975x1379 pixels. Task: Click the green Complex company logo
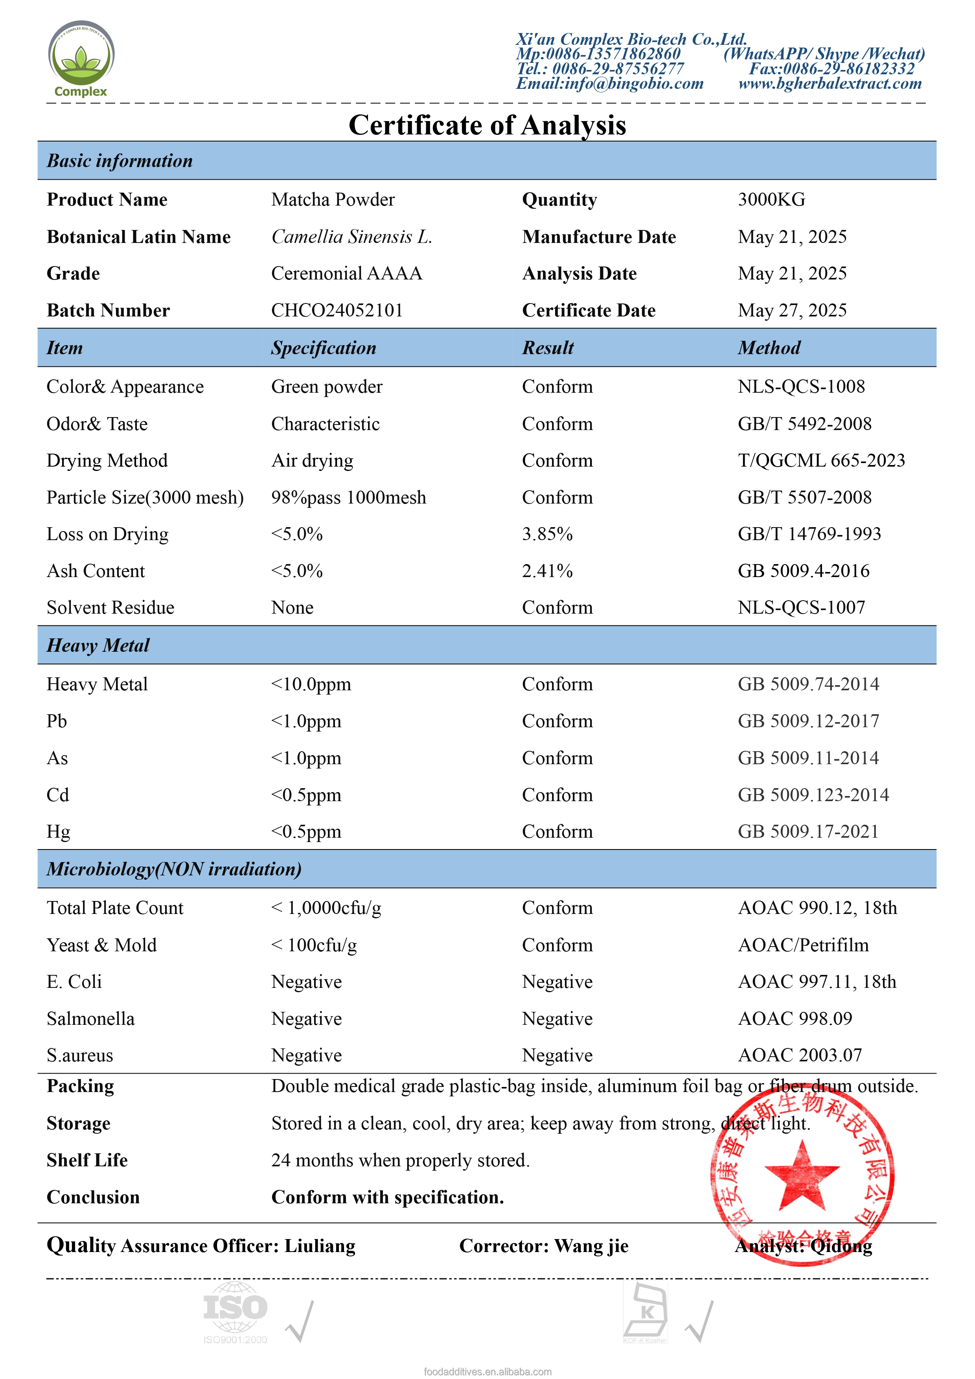point(81,58)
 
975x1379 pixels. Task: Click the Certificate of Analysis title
point(487,125)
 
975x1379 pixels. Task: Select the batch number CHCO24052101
point(337,311)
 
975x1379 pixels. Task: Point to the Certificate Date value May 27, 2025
point(792,311)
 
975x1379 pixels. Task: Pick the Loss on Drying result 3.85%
point(547,534)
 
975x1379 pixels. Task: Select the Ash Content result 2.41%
point(547,570)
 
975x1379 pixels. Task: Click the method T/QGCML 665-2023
point(820,461)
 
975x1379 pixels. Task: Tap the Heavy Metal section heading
point(98,645)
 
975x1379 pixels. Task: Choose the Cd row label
point(58,794)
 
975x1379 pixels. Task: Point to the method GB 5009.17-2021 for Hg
point(808,832)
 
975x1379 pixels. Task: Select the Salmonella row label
point(91,1019)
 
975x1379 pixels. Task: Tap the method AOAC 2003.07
point(800,1055)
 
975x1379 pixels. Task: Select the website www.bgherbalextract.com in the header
point(830,83)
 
